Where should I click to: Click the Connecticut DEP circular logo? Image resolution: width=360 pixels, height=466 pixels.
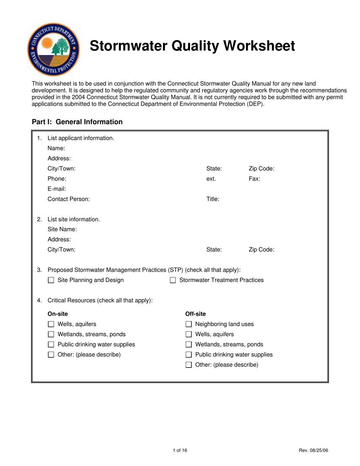point(53,49)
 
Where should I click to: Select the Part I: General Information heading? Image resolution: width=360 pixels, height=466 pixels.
point(77,122)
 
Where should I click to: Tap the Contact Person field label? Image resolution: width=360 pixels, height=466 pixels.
point(69,199)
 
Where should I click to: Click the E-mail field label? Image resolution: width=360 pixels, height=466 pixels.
point(57,189)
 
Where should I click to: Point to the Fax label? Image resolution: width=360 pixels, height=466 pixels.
point(254,178)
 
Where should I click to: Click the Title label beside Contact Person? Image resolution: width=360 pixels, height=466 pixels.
point(213,199)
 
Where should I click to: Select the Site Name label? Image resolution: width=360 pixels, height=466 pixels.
point(62,229)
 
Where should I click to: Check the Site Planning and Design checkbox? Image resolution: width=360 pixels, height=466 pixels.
point(51,281)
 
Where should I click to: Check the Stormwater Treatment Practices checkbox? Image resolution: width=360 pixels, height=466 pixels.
point(173,281)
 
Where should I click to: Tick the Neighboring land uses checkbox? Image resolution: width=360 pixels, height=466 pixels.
point(189,324)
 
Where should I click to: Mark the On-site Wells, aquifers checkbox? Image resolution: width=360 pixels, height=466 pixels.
point(51,324)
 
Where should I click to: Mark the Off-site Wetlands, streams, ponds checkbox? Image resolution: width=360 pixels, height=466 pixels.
point(189,345)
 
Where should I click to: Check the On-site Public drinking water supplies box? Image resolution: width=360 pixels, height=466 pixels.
point(51,345)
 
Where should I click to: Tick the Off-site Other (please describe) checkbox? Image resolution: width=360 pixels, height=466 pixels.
point(189,365)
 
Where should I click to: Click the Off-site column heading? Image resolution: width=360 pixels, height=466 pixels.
point(196,314)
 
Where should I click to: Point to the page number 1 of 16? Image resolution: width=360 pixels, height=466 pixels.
point(180,450)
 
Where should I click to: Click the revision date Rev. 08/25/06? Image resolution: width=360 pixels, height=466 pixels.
point(313,450)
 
